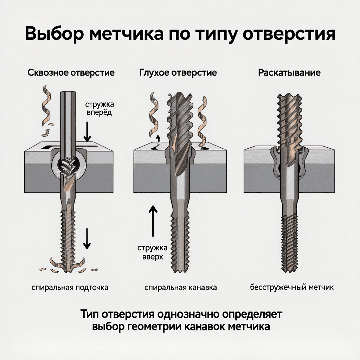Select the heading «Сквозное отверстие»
coord(71,73)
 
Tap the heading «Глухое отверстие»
coord(178,73)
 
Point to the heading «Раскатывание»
coord(289,73)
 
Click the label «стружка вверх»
coord(150,252)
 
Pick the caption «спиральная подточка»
coord(70,288)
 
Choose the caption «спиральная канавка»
coord(180,288)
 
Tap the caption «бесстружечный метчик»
coord(292,288)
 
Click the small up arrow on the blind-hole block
coord(158,138)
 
